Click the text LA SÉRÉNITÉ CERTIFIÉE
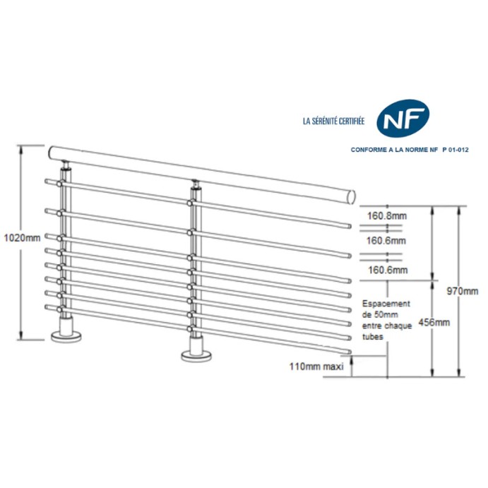pyautogui.click(x=333, y=121)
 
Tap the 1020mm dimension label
pyautogui.click(x=22, y=238)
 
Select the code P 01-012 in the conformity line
pyautogui.click(x=455, y=150)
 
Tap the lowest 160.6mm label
pyautogui.click(x=387, y=270)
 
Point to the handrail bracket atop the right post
pyautogui.click(x=195, y=188)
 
